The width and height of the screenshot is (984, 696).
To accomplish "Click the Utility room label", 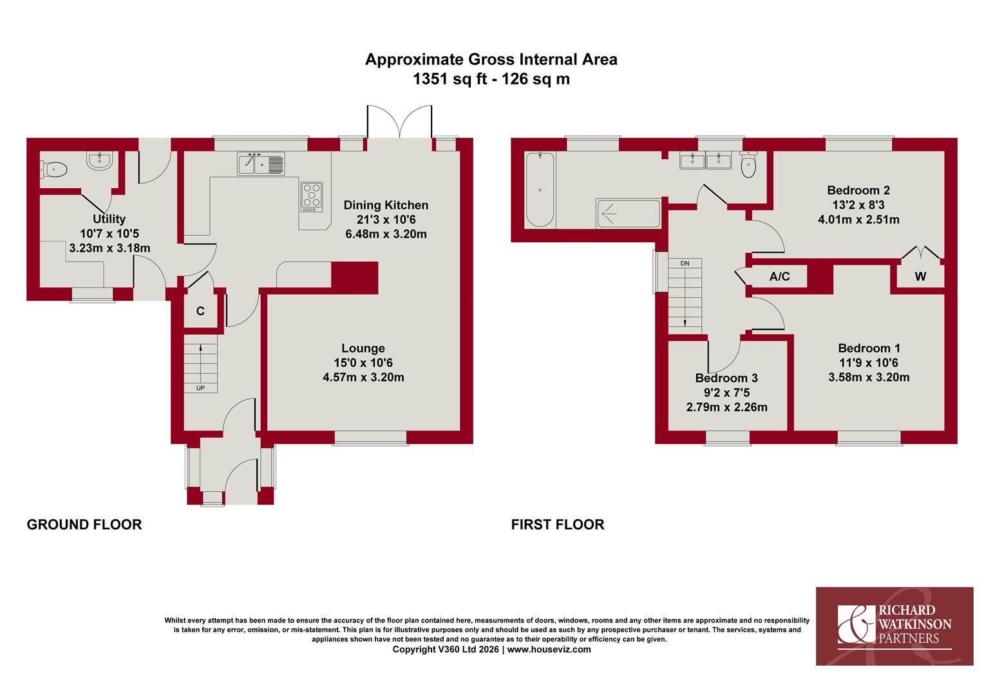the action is tap(109, 219).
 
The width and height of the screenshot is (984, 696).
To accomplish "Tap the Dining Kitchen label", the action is tap(386, 206).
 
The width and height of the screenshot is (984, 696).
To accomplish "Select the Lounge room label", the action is tap(363, 349).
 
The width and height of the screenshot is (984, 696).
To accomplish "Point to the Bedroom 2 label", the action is tap(858, 190).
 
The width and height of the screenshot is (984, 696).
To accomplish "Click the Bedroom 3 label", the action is tap(726, 378).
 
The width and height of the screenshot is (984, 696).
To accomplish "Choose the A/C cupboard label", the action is tap(780, 276).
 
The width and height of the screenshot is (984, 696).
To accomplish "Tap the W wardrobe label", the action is tap(920, 276).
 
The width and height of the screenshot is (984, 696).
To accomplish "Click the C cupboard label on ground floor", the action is tap(200, 311).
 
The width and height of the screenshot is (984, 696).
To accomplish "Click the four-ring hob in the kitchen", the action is tap(312, 197).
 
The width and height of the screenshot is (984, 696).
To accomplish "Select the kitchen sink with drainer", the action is tap(261, 164).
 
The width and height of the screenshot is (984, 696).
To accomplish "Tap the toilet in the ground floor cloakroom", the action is tap(54, 169).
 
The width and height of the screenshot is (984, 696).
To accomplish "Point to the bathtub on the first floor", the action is tap(540, 189).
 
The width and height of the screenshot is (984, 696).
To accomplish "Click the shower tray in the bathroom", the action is tap(629, 214).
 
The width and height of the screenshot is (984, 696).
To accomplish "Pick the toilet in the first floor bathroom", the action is tap(748, 165).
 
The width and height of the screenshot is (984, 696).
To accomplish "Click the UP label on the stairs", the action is tap(200, 388).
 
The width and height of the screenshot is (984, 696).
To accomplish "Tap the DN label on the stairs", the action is tap(685, 264).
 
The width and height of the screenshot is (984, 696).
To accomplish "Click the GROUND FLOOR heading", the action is tap(84, 525).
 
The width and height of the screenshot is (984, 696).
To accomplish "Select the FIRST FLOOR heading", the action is tap(558, 525).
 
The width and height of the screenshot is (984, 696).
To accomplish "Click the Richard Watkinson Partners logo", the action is tap(895, 626).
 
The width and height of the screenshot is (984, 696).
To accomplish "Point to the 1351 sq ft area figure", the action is tap(450, 79).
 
